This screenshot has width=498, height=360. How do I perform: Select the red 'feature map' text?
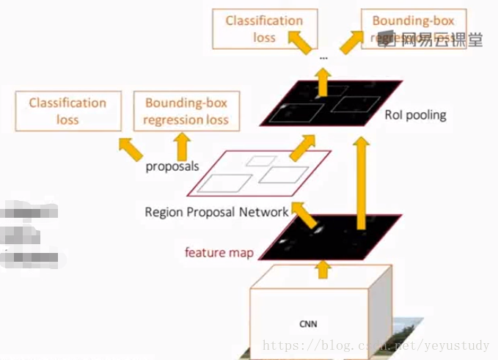coord(219,253)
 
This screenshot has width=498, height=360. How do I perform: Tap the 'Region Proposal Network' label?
coord(217,212)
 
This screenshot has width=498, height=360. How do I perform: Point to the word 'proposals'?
coord(172,166)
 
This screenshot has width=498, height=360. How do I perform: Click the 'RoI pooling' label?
coord(415,115)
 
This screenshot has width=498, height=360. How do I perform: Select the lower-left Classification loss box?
coord(67,111)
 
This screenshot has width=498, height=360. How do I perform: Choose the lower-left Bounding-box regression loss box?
coord(186,111)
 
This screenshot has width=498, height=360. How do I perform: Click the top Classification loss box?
coord(264,29)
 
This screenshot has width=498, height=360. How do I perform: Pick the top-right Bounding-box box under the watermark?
coord(414,29)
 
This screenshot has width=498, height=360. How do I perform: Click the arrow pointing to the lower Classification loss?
coord(130,147)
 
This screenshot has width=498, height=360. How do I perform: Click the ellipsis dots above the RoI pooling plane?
coord(323,56)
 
